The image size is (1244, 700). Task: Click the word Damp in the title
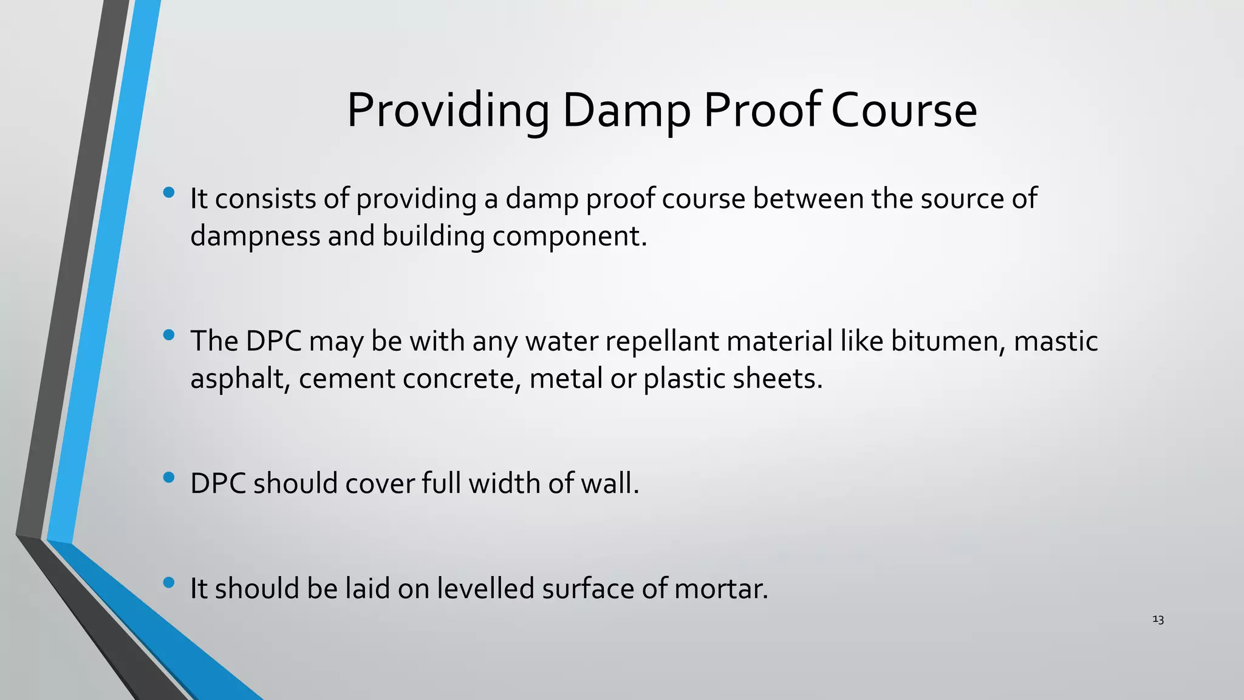point(626,111)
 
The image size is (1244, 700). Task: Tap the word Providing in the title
point(448,111)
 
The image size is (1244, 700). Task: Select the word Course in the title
point(903,111)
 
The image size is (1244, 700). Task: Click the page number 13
point(1158,620)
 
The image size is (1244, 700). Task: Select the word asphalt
point(240,379)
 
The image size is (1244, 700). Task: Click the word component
point(569,236)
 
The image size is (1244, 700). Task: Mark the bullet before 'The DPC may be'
point(169,335)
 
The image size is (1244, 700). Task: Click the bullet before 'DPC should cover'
point(169,478)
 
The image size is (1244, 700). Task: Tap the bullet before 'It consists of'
point(169,193)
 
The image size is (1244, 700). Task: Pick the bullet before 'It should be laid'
point(169,583)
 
